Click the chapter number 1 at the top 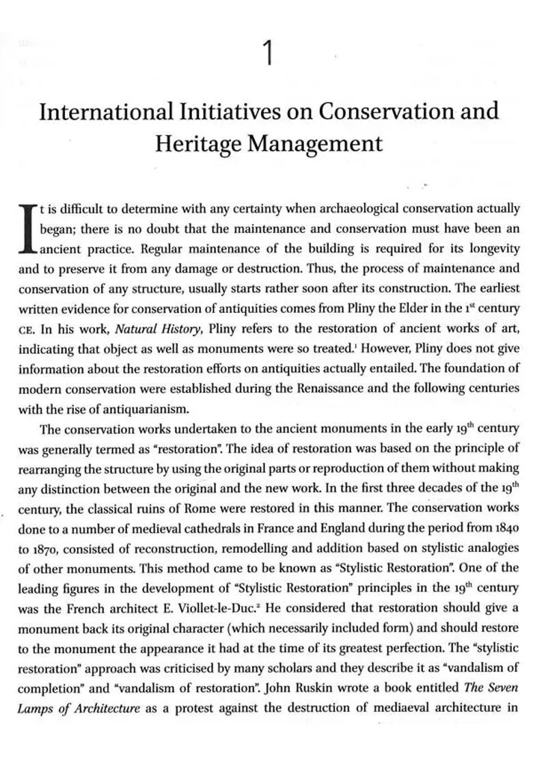coord(268,53)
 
